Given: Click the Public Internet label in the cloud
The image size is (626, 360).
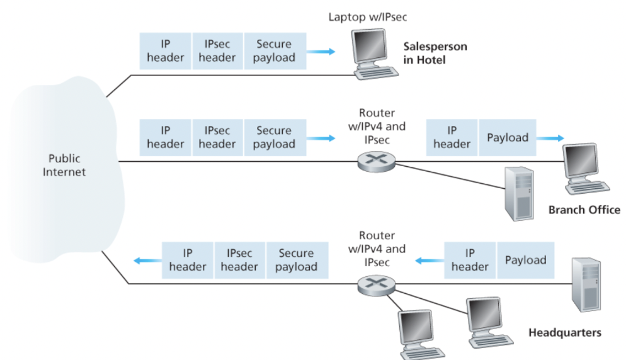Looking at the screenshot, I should pos(64,165).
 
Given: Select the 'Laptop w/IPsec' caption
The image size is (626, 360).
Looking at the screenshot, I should pos(367,16).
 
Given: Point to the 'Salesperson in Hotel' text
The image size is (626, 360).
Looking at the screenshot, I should pos(435,53).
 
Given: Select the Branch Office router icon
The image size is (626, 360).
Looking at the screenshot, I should pos(377,162).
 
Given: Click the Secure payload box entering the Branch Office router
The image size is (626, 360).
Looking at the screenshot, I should pos(274,138).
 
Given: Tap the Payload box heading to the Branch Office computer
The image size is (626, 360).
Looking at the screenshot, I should pos(508,138).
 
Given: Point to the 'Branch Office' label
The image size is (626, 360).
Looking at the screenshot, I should pos(584,210).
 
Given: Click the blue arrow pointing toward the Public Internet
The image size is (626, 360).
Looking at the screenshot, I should pos(145,260).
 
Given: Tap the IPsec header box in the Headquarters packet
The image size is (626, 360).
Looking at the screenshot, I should pos(239,260).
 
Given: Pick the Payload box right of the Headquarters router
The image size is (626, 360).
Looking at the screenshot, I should pos(525,260).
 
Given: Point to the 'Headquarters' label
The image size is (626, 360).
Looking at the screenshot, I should pos(564,332).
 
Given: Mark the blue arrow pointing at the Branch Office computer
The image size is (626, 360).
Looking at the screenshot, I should pos(550,138).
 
